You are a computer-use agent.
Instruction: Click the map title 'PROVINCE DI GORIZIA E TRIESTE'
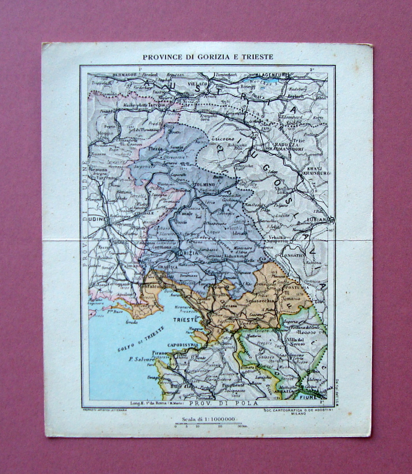208,57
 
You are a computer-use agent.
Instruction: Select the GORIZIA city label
187,253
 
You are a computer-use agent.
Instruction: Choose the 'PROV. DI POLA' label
223,403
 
